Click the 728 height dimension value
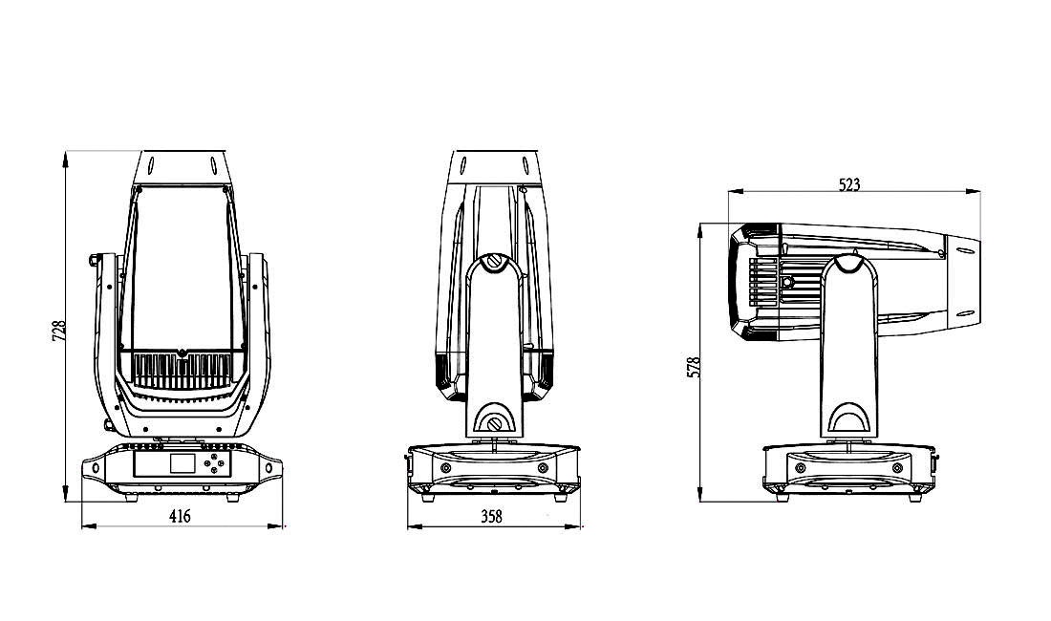pyautogui.click(x=58, y=330)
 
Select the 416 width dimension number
pyautogui.click(x=180, y=516)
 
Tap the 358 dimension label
pyautogui.click(x=492, y=516)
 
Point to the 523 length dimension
pyautogui.click(x=848, y=184)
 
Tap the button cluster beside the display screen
pyautogui.click(x=220, y=465)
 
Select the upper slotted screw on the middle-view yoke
pyautogui.click(x=494, y=261)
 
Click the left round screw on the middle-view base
pyautogui.click(x=445, y=467)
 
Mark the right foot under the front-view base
pyautogui.click(x=232, y=497)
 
